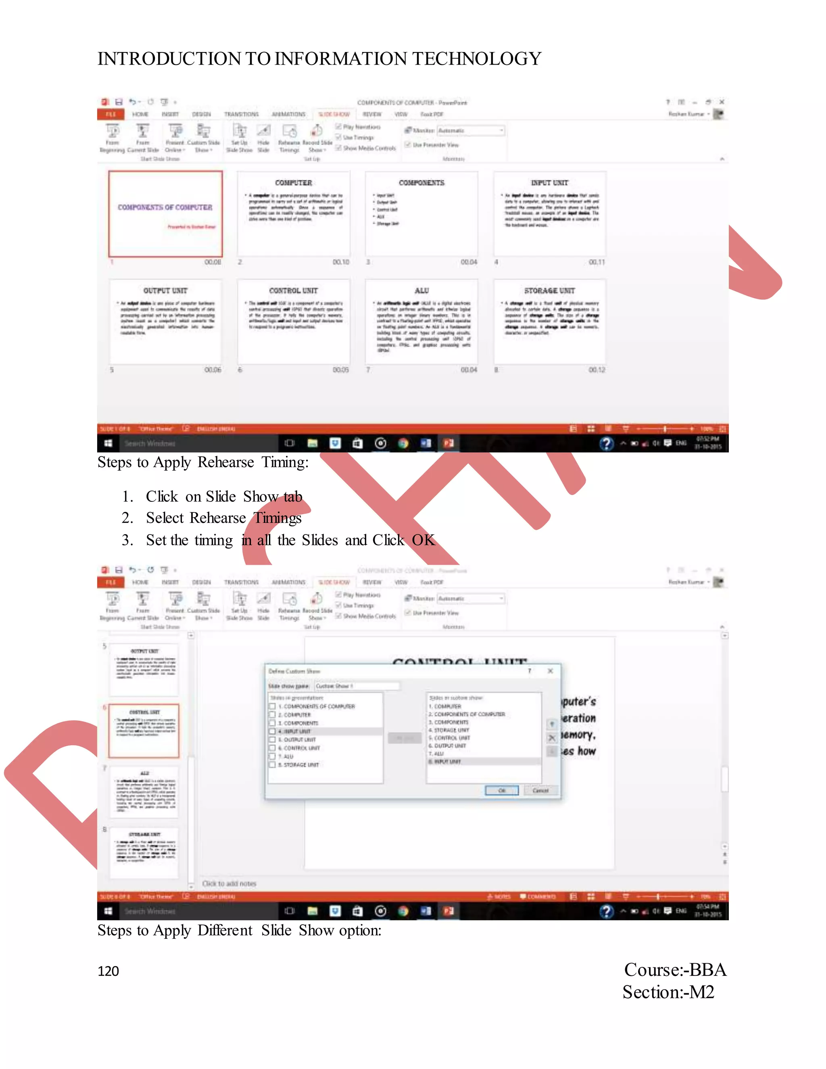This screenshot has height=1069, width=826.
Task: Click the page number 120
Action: click(x=108, y=971)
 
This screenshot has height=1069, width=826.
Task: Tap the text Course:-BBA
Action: click(x=675, y=970)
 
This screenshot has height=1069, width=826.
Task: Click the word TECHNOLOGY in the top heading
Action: click(x=477, y=59)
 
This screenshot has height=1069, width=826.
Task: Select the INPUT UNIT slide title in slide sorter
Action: click(x=550, y=183)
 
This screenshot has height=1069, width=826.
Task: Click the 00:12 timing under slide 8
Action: click(x=597, y=370)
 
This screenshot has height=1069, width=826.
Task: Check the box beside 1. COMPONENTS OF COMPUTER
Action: click(x=273, y=706)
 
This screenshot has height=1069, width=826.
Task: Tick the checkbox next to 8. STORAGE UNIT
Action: click(x=273, y=764)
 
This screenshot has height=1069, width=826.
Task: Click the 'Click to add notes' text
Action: click(x=229, y=883)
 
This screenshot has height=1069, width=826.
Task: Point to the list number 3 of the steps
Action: click(x=127, y=541)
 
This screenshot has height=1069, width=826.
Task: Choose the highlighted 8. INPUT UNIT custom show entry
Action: click(x=447, y=762)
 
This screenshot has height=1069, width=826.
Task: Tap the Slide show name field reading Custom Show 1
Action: click(x=356, y=686)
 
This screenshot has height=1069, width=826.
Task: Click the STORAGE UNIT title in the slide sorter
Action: click(x=550, y=291)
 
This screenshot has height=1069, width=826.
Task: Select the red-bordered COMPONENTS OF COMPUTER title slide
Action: click(x=165, y=214)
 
